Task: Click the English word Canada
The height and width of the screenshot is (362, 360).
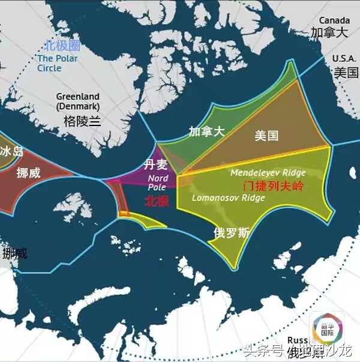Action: (x=334, y=20)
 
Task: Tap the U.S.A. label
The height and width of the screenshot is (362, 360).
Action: (x=346, y=58)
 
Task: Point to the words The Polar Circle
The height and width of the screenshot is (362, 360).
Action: (x=58, y=63)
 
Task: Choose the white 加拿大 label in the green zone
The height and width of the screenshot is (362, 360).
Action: (x=206, y=131)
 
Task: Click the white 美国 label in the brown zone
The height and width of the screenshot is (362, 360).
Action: (x=266, y=136)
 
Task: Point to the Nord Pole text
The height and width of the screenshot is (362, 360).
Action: (x=158, y=182)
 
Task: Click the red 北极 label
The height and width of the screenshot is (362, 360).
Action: (x=157, y=201)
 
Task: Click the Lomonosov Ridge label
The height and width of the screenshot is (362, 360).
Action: (x=220, y=198)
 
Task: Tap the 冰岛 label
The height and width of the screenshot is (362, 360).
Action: (x=11, y=151)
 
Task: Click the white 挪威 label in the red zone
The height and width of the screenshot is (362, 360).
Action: (x=29, y=173)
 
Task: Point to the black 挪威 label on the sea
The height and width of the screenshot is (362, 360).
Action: (x=14, y=253)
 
